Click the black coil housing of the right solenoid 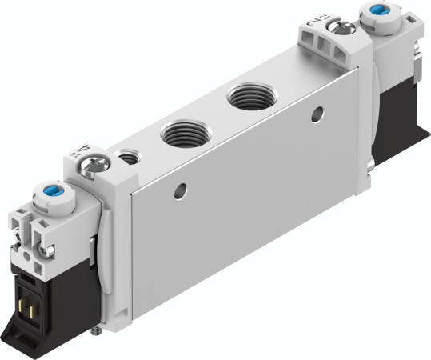coord(397,104)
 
